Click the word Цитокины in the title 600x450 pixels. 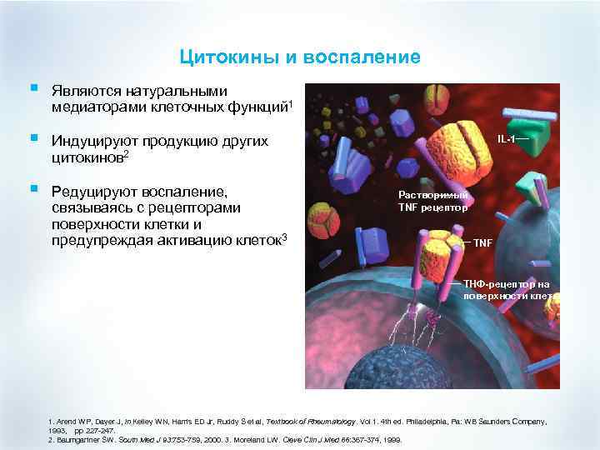click(x=217, y=57)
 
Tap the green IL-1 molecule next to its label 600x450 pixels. click(x=542, y=131)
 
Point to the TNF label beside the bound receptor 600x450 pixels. click(x=482, y=242)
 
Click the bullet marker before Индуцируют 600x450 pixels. click(x=32, y=138)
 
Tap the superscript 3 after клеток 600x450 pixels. click(x=285, y=239)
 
